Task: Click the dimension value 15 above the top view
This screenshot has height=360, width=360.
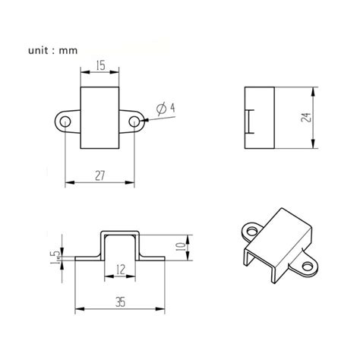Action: point(100,67)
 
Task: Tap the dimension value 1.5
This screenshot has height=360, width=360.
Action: point(54,257)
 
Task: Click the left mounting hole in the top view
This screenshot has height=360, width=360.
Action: point(67,122)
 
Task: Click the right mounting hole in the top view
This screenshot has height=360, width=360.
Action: point(134,122)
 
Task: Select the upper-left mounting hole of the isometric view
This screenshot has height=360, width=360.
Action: point(250,229)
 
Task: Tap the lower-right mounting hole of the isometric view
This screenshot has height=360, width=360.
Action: point(307,267)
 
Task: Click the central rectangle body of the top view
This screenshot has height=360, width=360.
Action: point(100,118)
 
